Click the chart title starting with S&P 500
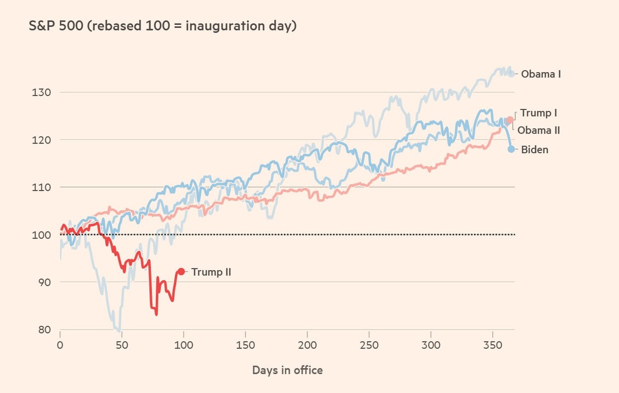[x=163, y=26]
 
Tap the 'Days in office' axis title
[x=287, y=370]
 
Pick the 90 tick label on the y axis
[x=41, y=282]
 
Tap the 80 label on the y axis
[x=41, y=329]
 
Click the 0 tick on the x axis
[x=60, y=345]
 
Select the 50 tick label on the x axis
[x=122, y=345]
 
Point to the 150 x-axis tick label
[x=246, y=345]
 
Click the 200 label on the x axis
[x=307, y=345]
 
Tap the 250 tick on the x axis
[x=369, y=345]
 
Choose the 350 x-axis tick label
[x=493, y=345]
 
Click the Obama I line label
[x=541, y=74]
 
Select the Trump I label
[x=539, y=113]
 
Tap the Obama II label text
[x=539, y=130]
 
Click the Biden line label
[x=534, y=150]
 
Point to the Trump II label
[x=210, y=272]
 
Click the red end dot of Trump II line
[x=181, y=271]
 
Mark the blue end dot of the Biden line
[x=511, y=149]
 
